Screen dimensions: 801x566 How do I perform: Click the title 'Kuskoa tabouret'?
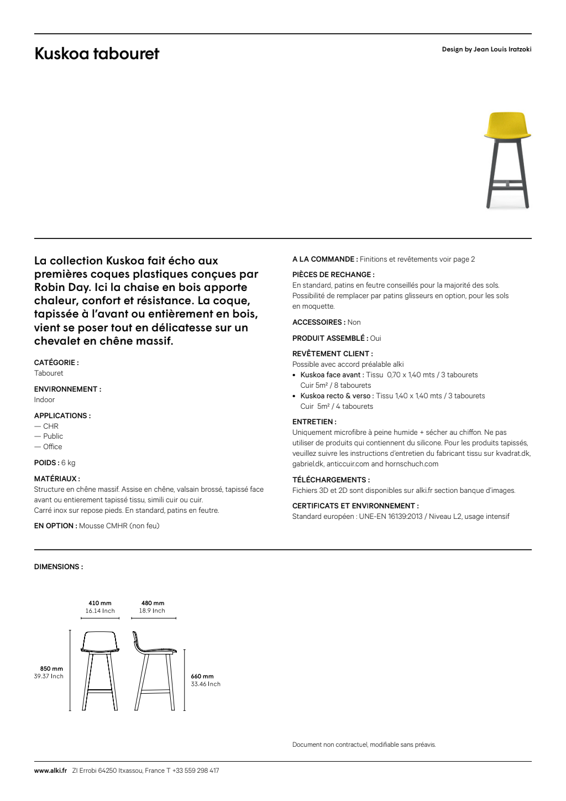pyautogui.click(x=97, y=54)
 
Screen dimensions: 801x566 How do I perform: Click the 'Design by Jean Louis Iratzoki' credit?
pyautogui.click(x=486, y=49)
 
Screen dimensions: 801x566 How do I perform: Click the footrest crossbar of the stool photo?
pyautogui.click(x=507, y=181)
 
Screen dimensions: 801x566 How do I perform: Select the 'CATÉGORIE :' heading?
pyautogui.click(x=56, y=363)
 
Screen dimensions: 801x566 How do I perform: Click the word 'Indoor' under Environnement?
pyautogui.click(x=44, y=400)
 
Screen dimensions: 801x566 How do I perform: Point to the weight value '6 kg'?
pyautogui.click(x=69, y=463)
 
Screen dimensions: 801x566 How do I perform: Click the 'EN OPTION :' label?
pyautogui.click(x=55, y=526)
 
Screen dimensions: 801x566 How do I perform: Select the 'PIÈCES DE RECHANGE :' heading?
pyautogui.click(x=333, y=275)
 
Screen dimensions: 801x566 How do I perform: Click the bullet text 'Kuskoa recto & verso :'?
pyautogui.click(x=337, y=396)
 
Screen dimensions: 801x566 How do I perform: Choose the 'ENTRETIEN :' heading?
pyautogui.click(x=315, y=422)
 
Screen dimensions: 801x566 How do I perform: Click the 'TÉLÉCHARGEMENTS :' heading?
pyautogui.click(x=331, y=480)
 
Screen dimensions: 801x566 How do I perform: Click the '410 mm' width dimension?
pyautogui.click(x=100, y=604)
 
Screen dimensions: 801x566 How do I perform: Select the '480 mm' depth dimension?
pyautogui.click(x=153, y=604)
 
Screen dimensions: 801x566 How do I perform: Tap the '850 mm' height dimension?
pyautogui.click(x=51, y=669)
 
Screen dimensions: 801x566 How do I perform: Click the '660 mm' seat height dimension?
pyautogui.click(x=202, y=677)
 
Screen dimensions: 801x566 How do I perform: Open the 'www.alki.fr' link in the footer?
pyautogui.click(x=50, y=771)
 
